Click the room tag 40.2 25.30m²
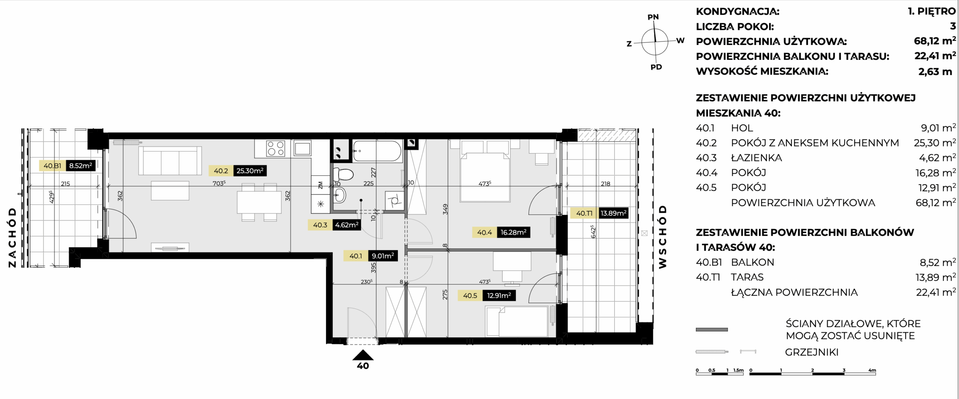(x=238, y=171)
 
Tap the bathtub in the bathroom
(x=377, y=151)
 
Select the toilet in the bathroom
(x=344, y=174)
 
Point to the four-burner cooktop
(x=276, y=148)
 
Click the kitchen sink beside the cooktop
(x=302, y=148)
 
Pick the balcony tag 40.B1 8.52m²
(x=67, y=166)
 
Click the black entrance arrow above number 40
(x=363, y=355)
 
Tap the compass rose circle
(x=654, y=42)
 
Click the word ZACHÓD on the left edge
(x=12, y=238)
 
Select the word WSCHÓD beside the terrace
(x=663, y=237)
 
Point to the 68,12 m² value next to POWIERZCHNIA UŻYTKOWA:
(x=935, y=41)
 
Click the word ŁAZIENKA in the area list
(x=756, y=158)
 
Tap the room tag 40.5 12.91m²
(x=487, y=296)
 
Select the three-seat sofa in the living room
(x=170, y=161)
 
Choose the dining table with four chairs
(x=259, y=202)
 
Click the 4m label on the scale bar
(x=872, y=371)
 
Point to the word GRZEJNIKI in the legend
(x=811, y=352)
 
